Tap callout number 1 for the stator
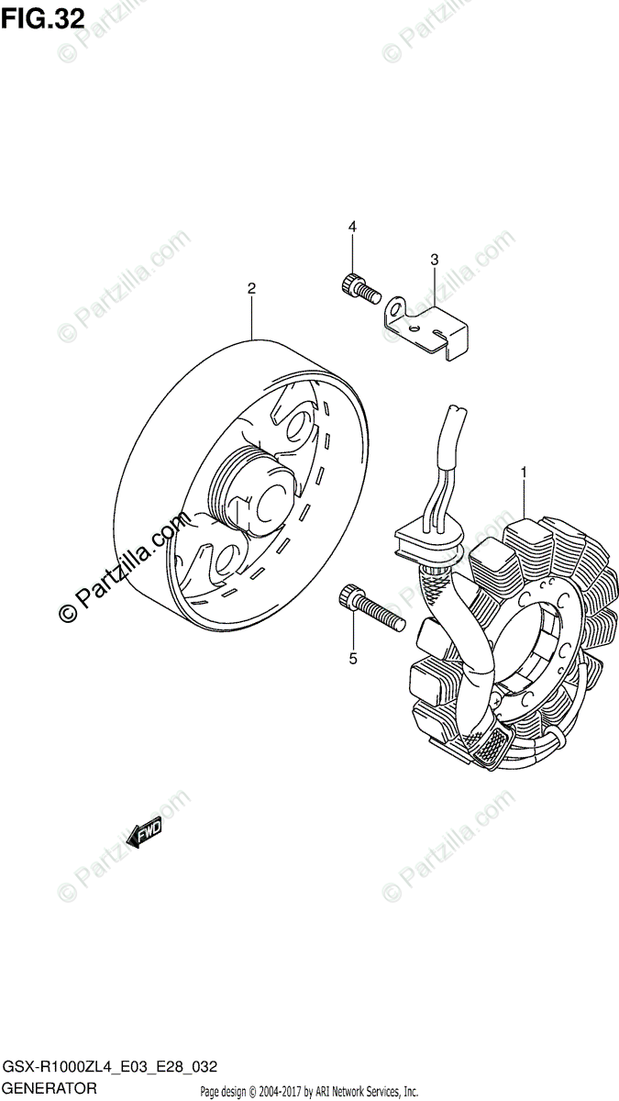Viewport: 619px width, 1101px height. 524,472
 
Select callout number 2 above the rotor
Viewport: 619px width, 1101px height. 251,288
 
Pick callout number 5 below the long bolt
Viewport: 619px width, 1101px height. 351,657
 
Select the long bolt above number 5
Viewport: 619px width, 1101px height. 370,607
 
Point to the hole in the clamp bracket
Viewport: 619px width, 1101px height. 416,323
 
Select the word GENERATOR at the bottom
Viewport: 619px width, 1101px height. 50,1088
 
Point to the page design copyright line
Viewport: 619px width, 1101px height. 309,1091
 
